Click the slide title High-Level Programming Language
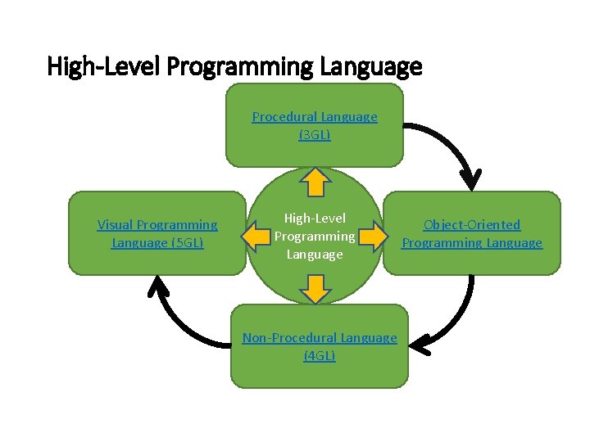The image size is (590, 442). (x=234, y=65)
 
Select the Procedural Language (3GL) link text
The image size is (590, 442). (x=315, y=125)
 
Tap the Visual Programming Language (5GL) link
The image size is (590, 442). (x=157, y=233)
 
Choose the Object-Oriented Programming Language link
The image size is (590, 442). (x=472, y=233)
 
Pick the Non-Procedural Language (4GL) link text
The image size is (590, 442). (x=320, y=346)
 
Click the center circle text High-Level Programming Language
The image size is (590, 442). (x=315, y=236)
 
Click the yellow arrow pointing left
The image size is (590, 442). (x=259, y=237)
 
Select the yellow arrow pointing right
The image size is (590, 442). (x=372, y=237)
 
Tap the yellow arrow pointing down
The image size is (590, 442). (x=315, y=288)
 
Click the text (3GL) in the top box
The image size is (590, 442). (x=315, y=134)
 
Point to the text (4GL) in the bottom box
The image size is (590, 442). (x=320, y=355)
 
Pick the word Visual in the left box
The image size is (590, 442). (x=116, y=224)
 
